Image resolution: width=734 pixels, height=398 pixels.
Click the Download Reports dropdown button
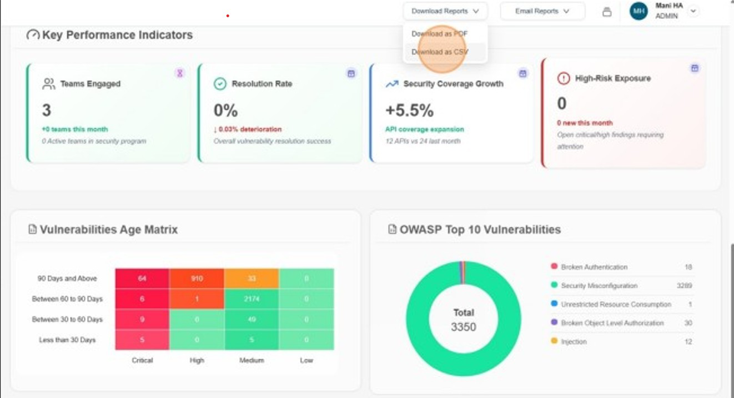tap(445, 11)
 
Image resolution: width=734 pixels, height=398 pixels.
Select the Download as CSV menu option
tap(440, 52)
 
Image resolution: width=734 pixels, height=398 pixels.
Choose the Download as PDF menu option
tap(440, 34)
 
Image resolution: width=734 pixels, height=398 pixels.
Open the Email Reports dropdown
tap(542, 11)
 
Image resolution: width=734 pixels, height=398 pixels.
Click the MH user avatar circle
tap(639, 11)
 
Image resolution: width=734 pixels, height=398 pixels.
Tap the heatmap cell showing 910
tap(197, 279)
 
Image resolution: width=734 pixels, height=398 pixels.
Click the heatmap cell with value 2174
tap(252, 299)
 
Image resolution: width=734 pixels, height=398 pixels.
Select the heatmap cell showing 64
tap(142, 279)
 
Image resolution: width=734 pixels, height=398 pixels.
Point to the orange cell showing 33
tap(252, 279)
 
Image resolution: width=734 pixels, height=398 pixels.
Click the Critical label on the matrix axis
tap(142, 360)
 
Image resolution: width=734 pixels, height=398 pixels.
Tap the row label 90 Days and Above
tap(67, 279)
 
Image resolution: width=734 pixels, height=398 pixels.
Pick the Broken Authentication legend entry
tap(594, 267)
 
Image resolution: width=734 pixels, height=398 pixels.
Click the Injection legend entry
tap(574, 341)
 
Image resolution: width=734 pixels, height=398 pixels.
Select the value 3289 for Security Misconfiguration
tap(684, 286)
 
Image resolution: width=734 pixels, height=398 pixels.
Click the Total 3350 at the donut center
tap(464, 320)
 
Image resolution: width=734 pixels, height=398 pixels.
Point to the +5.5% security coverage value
tap(409, 110)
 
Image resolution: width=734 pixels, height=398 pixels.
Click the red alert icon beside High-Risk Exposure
tap(563, 79)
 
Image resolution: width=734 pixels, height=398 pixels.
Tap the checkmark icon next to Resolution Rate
tap(220, 84)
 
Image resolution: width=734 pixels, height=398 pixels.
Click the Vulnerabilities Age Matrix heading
tap(108, 229)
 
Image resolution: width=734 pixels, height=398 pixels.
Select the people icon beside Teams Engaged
tap(49, 84)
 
